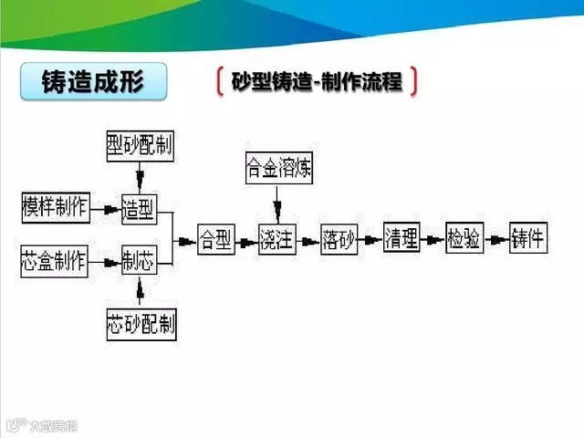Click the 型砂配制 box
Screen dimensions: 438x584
point(140,144)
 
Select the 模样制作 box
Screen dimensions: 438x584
point(55,208)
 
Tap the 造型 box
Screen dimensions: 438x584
point(140,209)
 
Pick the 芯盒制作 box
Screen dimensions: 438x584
point(55,262)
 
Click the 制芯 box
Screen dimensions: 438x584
point(140,263)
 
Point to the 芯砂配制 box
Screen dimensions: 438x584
point(141,322)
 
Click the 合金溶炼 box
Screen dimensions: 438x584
point(278,167)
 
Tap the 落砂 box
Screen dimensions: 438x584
point(339,239)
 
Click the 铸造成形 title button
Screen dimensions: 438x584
point(94,82)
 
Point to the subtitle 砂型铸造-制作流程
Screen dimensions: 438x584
point(317,81)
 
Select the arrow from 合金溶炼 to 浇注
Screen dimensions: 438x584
point(276,201)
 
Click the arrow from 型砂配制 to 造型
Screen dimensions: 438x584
point(139,176)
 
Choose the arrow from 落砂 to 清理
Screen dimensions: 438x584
point(370,240)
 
